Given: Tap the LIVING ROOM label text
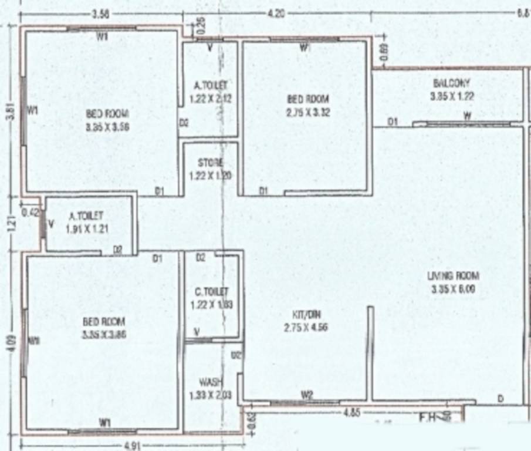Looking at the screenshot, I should pyautogui.click(x=454, y=276).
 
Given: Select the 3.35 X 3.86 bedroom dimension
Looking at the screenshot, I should pyautogui.click(x=105, y=334).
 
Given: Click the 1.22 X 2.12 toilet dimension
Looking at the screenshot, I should pyautogui.click(x=211, y=99).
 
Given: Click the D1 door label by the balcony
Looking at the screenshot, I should pyautogui.click(x=393, y=122).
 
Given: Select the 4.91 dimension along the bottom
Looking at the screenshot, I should pyautogui.click(x=133, y=445).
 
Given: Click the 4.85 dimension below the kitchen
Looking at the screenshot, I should pyautogui.click(x=351, y=412).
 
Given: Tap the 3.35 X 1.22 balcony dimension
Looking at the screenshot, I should pyautogui.click(x=452, y=96).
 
